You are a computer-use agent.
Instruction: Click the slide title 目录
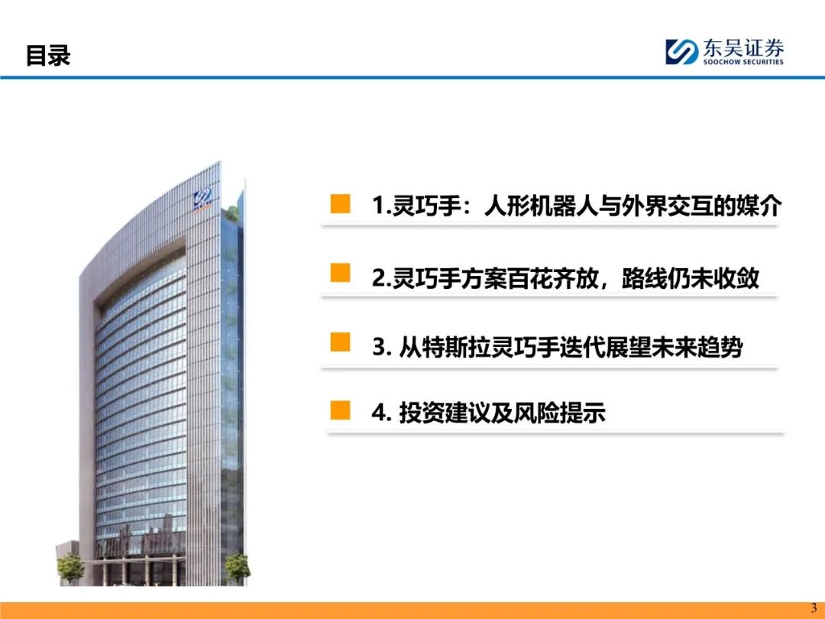click(48, 56)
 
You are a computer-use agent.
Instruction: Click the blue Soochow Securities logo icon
click(681, 52)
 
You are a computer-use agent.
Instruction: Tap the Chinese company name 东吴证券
click(743, 48)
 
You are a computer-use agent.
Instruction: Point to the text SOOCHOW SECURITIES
click(743, 62)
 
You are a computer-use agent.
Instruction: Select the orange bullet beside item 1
click(340, 204)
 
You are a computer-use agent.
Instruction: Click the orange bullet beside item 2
click(340, 273)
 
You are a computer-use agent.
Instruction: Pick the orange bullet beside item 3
click(340, 342)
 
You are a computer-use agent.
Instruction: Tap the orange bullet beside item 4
click(340, 410)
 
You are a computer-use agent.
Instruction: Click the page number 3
click(814, 608)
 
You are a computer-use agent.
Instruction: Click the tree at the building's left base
click(71, 568)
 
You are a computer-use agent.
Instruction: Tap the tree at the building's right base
click(238, 567)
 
